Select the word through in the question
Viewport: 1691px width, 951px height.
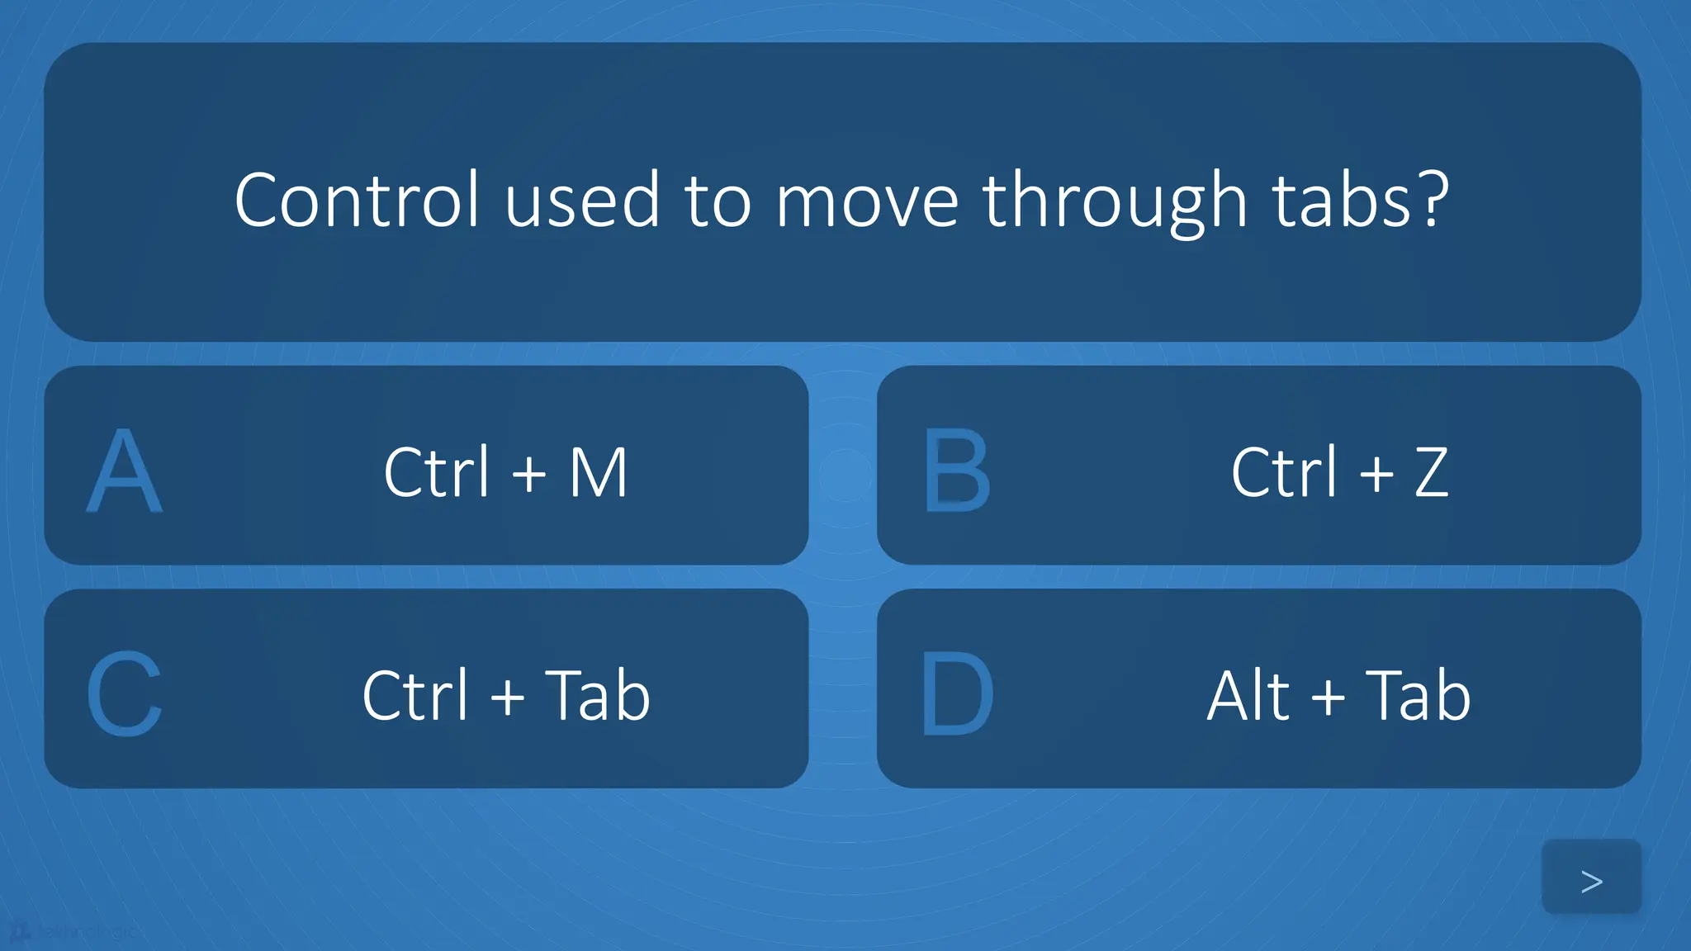[1114, 202]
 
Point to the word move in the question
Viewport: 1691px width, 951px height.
[866, 202]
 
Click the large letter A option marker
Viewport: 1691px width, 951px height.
[124, 471]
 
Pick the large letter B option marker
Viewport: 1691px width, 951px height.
[956, 471]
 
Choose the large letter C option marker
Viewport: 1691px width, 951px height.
[124, 694]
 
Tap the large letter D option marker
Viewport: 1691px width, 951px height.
[956, 694]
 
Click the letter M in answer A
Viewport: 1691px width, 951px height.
[599, 473]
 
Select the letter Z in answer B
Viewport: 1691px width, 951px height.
[1431, 473]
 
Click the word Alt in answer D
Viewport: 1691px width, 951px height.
[1248, 696]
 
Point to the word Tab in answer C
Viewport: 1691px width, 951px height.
[597, 696]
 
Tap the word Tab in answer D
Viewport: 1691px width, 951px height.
[1418, 696]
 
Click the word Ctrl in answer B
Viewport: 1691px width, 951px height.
[1284, 472]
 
